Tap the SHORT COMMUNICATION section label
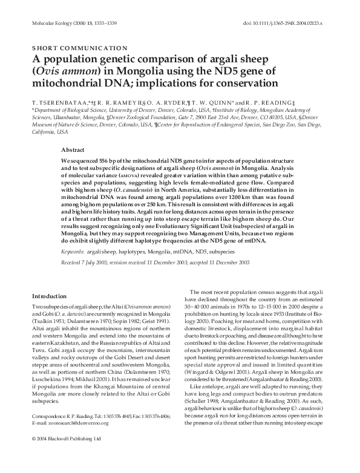79,47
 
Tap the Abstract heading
74,149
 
